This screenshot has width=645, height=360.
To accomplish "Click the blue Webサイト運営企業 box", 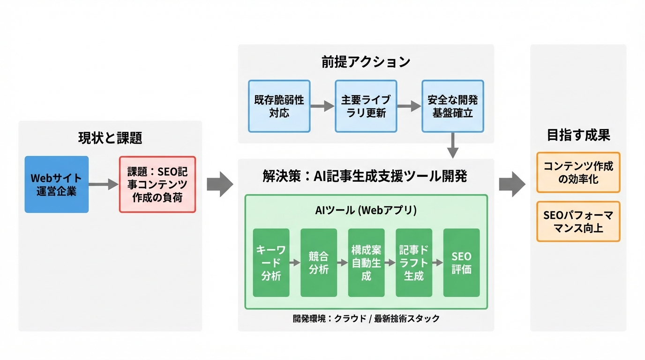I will point(56,185).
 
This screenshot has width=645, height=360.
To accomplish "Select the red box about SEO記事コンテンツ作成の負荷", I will point(157,185).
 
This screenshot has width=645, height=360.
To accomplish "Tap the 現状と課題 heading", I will point(110,138).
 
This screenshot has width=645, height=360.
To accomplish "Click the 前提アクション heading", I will point(366,62).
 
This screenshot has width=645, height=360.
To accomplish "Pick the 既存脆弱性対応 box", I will point(279,106).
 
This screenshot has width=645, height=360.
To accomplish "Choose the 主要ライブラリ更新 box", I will point(366,106).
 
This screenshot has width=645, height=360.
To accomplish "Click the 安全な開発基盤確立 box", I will point(452,106).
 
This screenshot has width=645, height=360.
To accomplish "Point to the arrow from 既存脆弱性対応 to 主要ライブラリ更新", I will point(322,106).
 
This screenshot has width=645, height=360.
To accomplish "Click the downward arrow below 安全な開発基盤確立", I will point(452,146).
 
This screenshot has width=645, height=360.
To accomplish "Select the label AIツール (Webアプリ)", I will point(366,210).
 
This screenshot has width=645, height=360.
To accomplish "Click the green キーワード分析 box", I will point(271,263).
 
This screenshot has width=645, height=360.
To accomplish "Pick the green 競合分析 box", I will point(319,263).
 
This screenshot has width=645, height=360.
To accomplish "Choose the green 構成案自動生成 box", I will point(366,263).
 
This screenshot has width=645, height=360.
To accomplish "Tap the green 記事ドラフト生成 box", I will point(414,263).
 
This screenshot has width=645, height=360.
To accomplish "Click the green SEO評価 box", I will point(461,263).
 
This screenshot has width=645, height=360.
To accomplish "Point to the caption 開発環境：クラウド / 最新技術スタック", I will point(366,319).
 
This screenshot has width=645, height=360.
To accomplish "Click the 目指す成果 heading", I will point(578,135).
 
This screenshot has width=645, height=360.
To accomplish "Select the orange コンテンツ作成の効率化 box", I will point(578,172).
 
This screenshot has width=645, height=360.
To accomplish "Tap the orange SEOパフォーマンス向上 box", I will point(578,222).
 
